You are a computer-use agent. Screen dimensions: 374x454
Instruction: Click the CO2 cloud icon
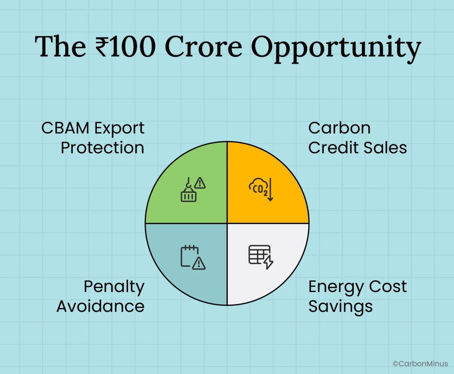[x=261, y=189]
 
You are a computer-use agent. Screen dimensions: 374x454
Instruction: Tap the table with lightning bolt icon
[x=261, y=257]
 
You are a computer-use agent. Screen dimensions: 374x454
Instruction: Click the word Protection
[x=102, y=148]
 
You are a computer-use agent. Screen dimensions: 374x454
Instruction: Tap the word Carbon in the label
[x=339, y=128]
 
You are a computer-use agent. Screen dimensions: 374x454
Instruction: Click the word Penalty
[x=114, y=287]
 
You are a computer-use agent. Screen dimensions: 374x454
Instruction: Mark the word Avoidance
[x=101, y=306]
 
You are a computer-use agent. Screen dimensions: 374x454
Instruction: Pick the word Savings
[x=340, y=306]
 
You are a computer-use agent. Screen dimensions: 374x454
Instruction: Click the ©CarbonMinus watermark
[x=420, y=363]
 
